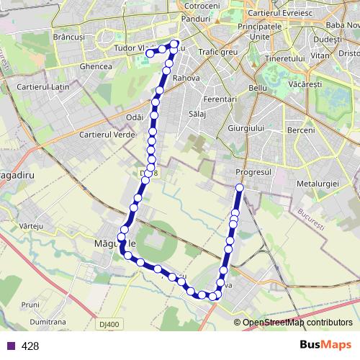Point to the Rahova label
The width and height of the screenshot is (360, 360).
pos(186,78)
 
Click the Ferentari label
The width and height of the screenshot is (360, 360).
pos(220,98)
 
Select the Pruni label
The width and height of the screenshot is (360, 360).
pos(30,305)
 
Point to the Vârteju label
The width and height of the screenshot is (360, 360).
pos(33,226)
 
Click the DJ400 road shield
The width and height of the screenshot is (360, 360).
pos(109,325)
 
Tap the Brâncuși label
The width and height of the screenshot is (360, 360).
pos(89,35)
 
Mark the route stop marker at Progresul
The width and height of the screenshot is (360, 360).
pos(239,189)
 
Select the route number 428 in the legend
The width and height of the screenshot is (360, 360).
pos(30,346)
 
